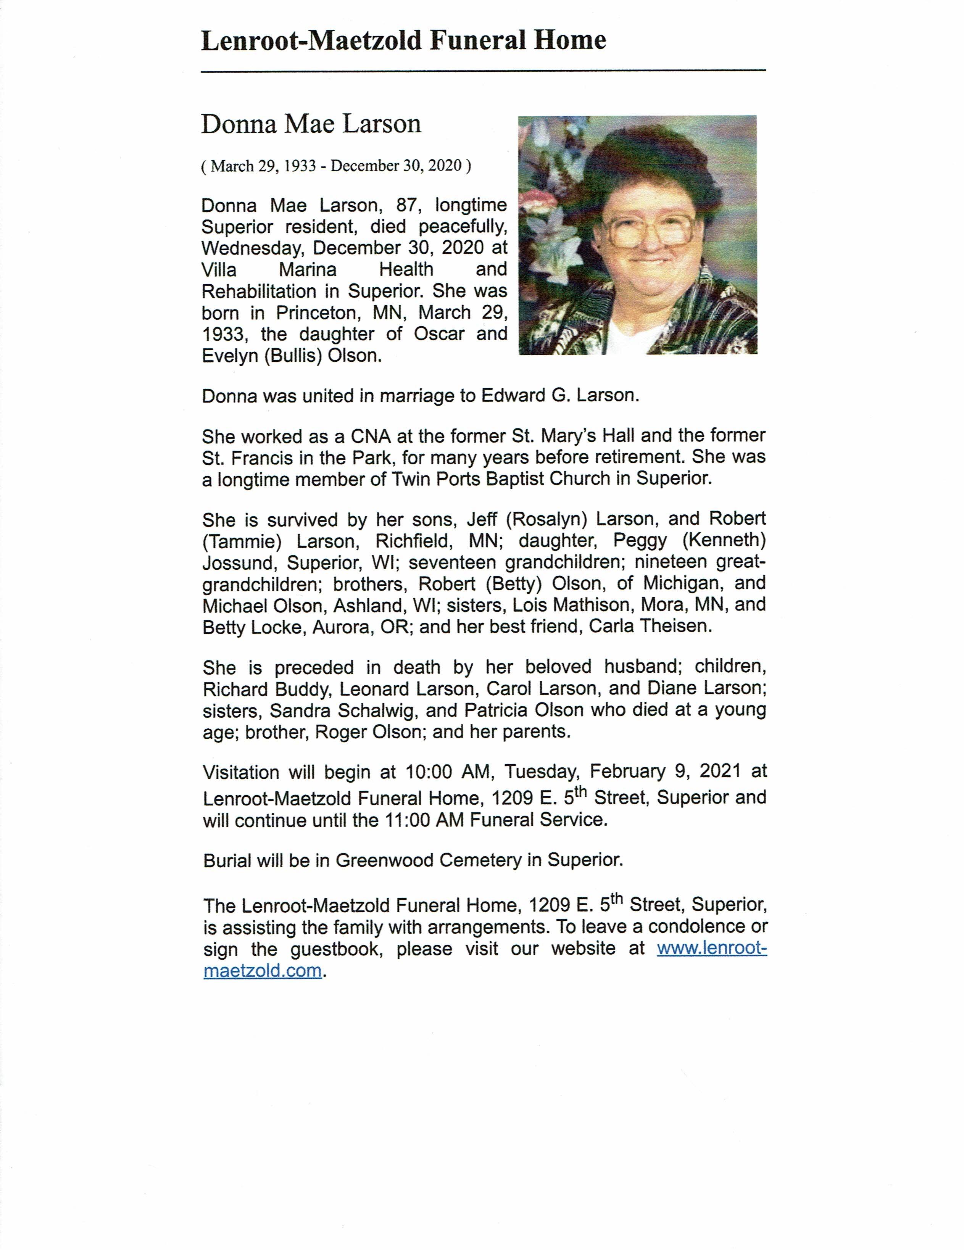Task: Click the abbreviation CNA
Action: (370, 437)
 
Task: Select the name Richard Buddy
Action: (266, 689)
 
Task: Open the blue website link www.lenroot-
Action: (711, 949)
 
